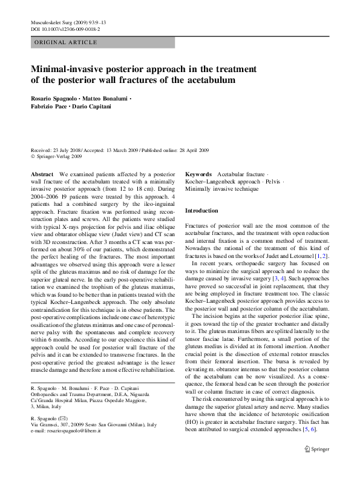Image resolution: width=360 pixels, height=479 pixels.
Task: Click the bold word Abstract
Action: (42, 173)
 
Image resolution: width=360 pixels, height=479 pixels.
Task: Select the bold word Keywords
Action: (198, 173)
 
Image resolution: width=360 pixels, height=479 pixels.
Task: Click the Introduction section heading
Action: (201, 210)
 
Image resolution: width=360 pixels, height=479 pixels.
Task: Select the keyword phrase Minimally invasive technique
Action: (221, 189)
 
